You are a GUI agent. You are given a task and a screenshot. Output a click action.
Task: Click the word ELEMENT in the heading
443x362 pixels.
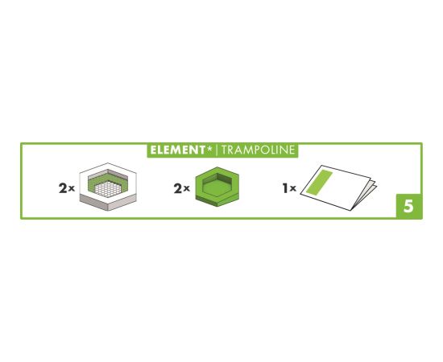174,150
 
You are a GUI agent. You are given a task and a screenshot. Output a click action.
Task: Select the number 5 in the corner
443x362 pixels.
408,206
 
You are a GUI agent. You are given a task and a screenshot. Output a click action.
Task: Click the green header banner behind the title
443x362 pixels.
222,150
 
